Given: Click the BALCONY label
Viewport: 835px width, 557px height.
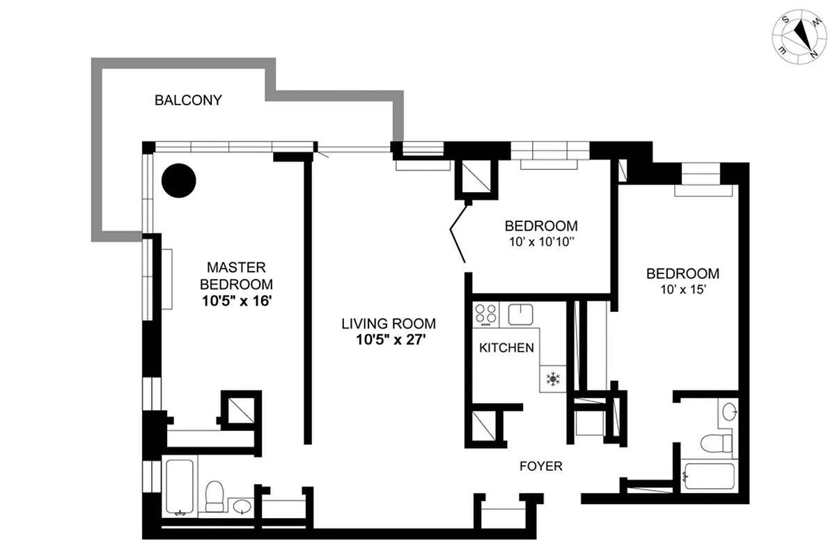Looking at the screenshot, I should (188, 100).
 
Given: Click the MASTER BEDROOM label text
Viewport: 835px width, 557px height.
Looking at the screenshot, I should (236, 276).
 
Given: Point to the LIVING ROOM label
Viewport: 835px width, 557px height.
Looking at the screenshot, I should (389, 324).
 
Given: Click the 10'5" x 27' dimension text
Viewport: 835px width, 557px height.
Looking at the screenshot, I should (389, 340).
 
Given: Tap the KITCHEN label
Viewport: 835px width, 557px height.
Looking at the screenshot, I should (506, 348).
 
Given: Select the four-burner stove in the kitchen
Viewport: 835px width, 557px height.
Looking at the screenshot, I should (486, 315).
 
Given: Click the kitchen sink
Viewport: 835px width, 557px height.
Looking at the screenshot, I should (520, 315).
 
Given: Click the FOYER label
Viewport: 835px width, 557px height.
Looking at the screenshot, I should (541, 466).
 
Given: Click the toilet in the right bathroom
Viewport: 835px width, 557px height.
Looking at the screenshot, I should (716, 441).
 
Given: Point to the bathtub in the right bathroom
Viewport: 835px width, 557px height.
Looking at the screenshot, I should (708, 477).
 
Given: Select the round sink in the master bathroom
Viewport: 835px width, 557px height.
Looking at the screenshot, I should (242, 505).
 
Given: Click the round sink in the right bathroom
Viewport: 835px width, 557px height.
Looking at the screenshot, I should (728, 412).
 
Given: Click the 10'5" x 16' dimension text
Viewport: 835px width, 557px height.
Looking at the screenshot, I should (236, 301).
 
